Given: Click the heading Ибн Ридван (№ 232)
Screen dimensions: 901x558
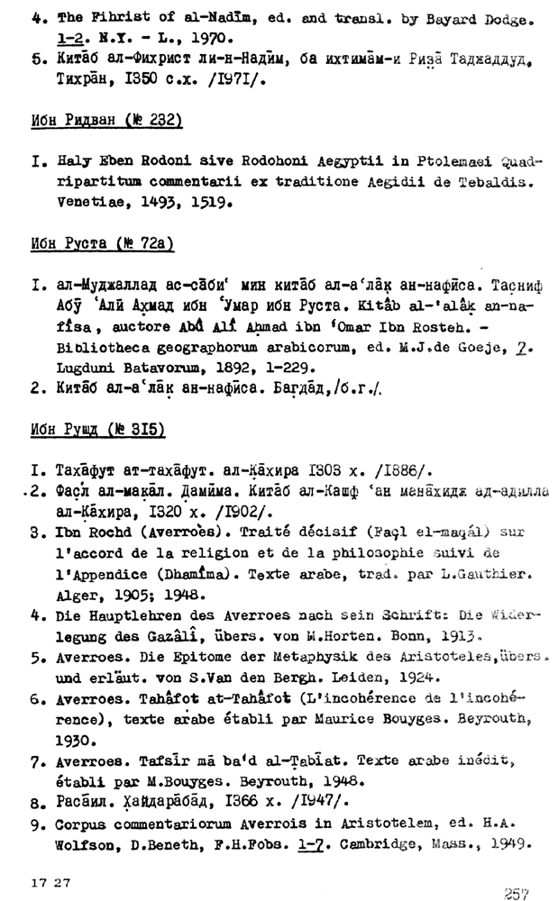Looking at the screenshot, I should pos(106,122).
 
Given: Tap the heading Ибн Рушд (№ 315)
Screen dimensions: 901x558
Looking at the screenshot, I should pos(100,430).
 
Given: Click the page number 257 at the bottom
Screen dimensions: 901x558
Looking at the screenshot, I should pos(517,892).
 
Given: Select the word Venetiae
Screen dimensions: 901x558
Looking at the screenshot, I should pos(73,203).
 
